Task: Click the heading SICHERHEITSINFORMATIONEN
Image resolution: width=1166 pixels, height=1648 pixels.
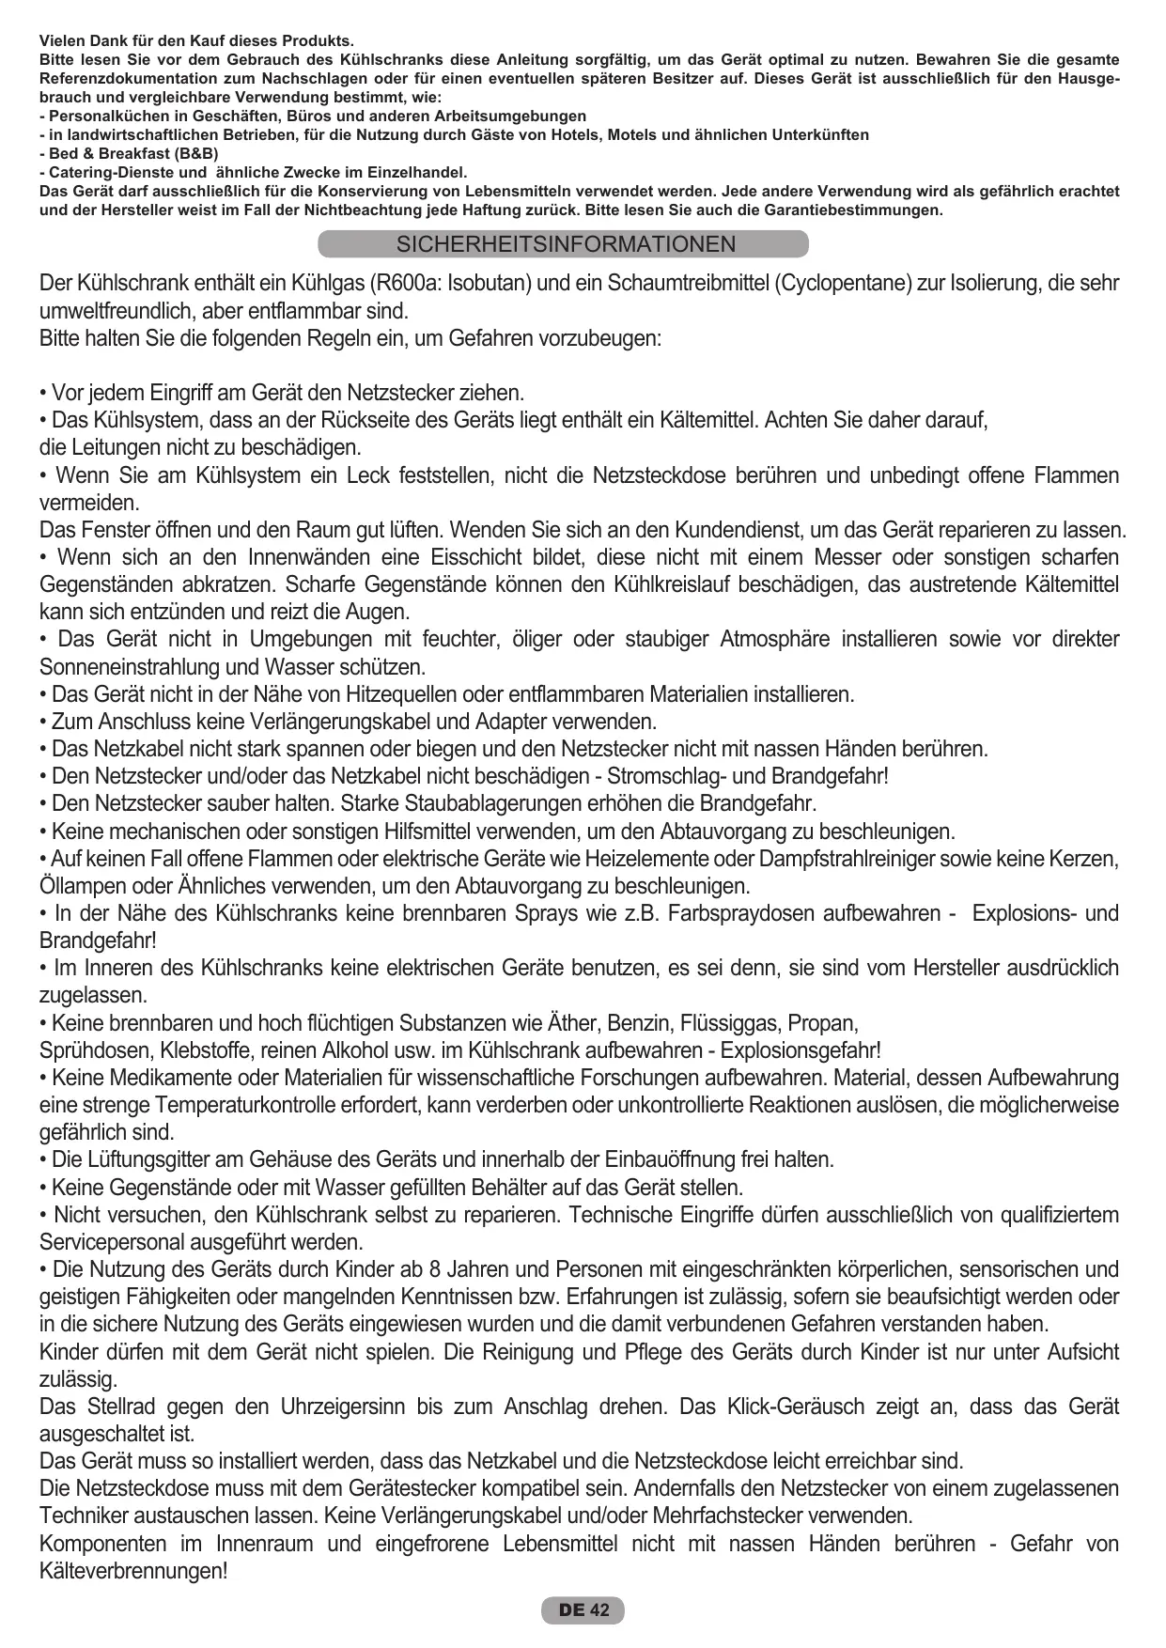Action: [566, 245]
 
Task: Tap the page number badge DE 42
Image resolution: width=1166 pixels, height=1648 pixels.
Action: [583, 1610]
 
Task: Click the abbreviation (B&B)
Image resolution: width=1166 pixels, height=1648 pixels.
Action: [196, 154]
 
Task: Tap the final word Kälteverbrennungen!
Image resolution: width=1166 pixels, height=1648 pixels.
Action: [133, 1571]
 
